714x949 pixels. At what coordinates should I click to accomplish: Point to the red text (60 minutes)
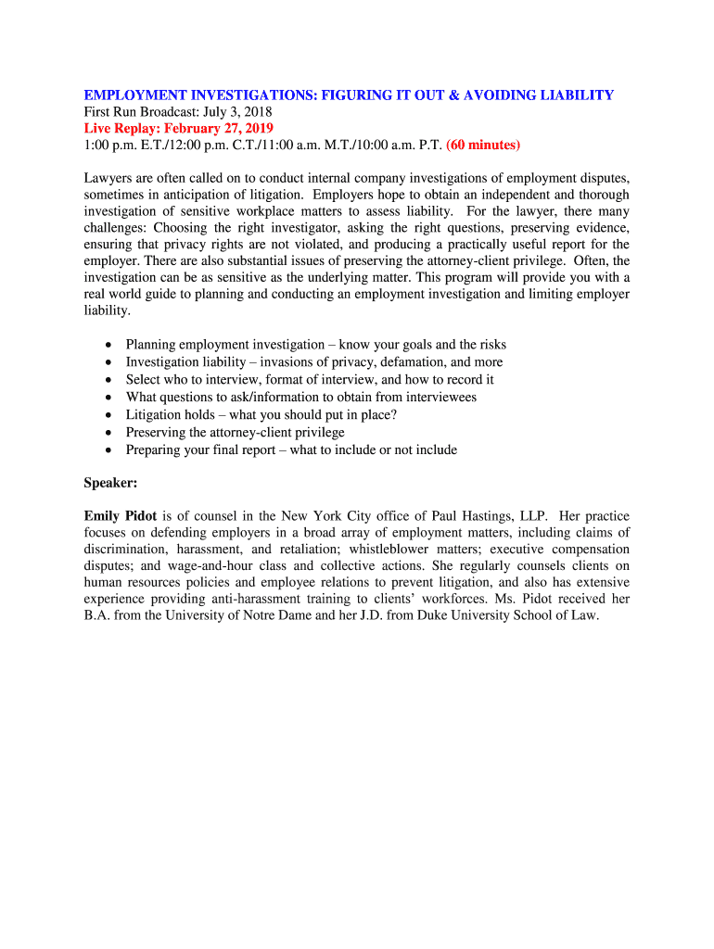[x=483, y=145]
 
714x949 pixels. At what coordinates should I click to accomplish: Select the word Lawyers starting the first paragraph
[x=108, y=177]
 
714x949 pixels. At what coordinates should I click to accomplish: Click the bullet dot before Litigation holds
[x=108, y=415]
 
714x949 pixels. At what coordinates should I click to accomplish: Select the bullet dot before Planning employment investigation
[x=108, y=345]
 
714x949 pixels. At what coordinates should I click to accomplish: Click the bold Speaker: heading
[x=110, y=483]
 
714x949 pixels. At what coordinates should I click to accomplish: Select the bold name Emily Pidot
[x=120, y=515]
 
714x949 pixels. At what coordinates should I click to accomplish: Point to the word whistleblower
[x=391, y=550]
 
